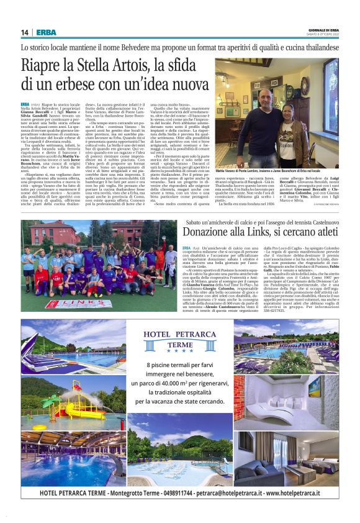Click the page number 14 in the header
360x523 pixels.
click(x=25, y=32)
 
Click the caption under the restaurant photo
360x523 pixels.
click(x=277, y=170)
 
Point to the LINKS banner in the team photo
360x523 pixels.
click(x=70, y=304)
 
